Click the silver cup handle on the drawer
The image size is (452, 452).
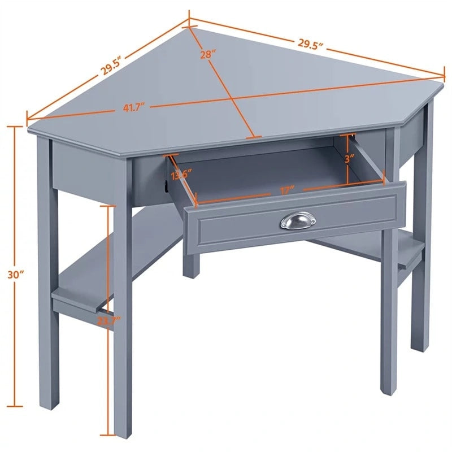[298, 220]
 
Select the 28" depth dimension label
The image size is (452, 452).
[208, 54]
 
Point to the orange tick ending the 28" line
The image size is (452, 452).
[254, 136]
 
